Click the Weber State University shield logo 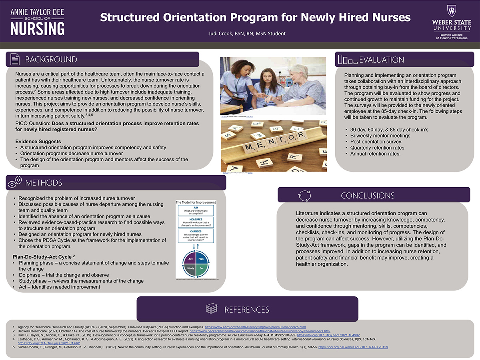(x=452, y=11)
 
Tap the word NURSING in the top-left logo (x=37, y=28)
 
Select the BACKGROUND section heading (x=51, y=60)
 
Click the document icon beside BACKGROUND (x=15, y=60)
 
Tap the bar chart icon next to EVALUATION (x=347, y=60)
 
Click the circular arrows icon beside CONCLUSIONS (x=304, y=195)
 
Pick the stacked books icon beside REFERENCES (x=212, y=309)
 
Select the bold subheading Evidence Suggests (x=38, y=142)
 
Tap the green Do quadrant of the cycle (x=201, y=268)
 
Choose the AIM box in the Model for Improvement (x=196, y=210)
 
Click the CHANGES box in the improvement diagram (x=196, y=236)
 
